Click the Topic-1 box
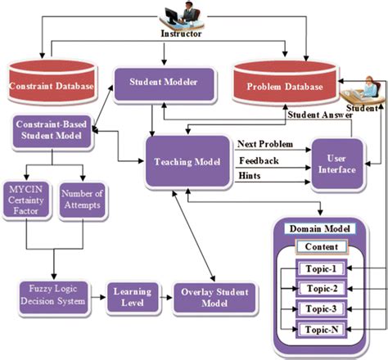317,268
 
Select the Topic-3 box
317,308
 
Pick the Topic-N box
317,329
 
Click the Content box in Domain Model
317,246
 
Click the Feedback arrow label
258,160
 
